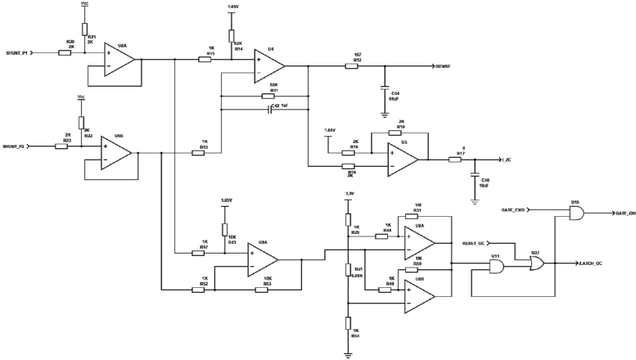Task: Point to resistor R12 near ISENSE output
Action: (352, 67)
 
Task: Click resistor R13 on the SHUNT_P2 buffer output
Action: (198, 152)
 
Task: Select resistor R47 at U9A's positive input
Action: (198, 253)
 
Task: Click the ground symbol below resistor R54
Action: (348, 353)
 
